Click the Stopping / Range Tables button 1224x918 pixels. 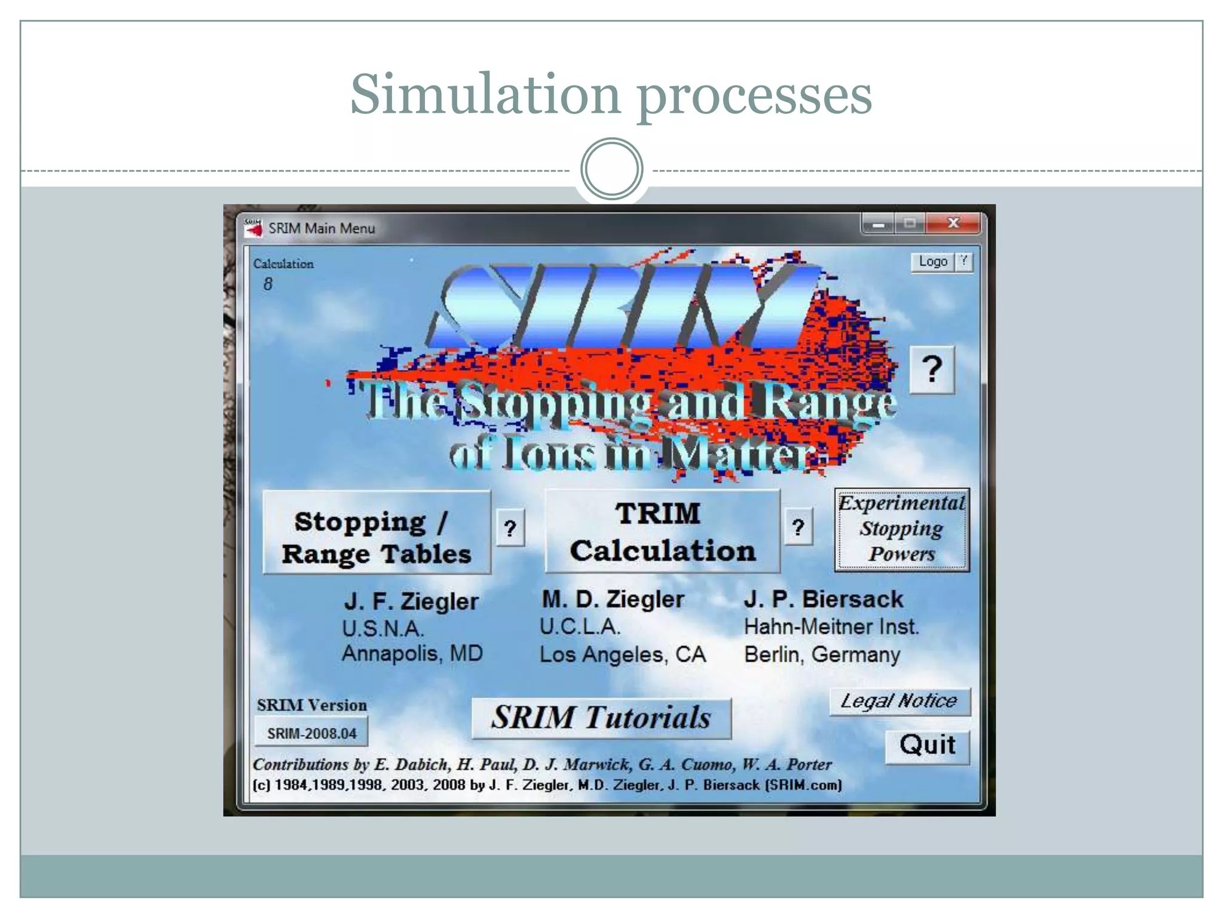(x=377, y=532)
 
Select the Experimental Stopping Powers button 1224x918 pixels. (x=901, y=530)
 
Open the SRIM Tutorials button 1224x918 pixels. (x=601, y=718)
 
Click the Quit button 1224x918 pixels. (x=927, y=746)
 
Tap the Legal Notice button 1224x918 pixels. (x=899, y=701)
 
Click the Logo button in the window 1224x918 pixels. (x=932, y=262)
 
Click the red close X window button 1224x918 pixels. (x=953, y=224)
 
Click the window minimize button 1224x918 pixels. (x=878, y=225)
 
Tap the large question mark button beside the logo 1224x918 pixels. (x=932, y=369)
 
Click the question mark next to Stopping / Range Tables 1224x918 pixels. (x=510, y=528)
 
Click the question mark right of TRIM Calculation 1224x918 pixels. (x=798, y=527)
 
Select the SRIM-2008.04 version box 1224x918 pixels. (x=311, y=733)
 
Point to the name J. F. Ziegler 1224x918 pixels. (x=411, y=601)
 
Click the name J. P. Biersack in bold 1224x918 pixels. (x=823, y=599)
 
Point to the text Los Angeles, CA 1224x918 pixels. (x=622, y=654)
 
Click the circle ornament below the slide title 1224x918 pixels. (x=611, y=169)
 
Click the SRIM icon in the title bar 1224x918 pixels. (x=253, y=228)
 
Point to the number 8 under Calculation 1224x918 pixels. (x=268, y=284)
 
